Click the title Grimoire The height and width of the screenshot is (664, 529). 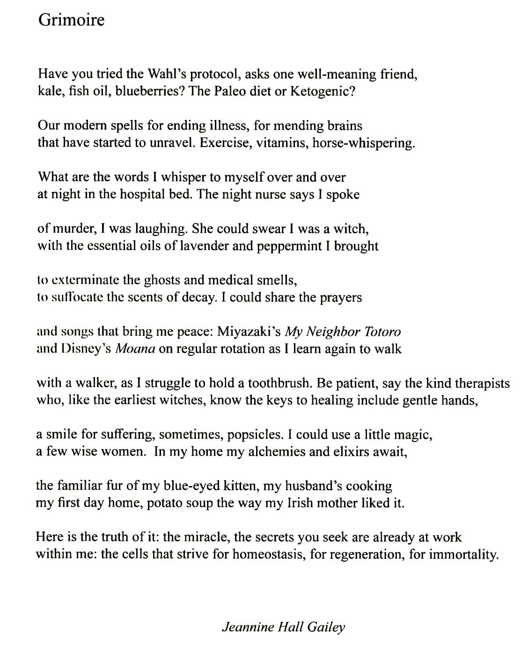pyautogui.click(x=71, y=20)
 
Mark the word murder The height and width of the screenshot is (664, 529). pyautogui.click(x=75, y=229)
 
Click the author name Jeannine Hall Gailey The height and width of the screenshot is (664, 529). pyautogui.click(x=283, y=627)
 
